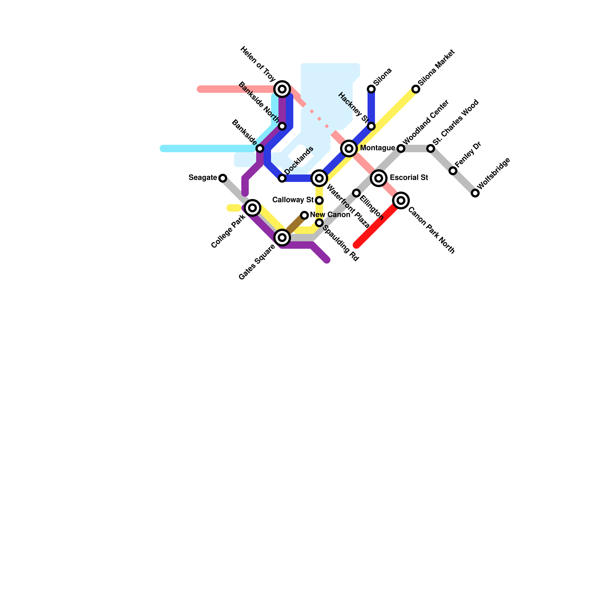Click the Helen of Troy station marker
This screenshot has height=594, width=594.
click(282, 89)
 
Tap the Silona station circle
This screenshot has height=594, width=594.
click(371, 89)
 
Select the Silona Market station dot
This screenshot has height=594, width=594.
click(416, 89)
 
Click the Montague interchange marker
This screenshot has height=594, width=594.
click(349, 148)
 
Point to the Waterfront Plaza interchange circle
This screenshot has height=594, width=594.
click(319, 178)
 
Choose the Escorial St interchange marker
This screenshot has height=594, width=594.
click(379, 178)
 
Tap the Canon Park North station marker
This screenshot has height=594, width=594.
click(401, 200)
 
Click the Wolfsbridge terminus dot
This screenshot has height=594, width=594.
click(475, 193)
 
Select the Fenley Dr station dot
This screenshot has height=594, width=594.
click(453, 171)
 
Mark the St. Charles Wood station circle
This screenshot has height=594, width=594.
click(431, 148)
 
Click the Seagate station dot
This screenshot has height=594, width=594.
click(223, 178)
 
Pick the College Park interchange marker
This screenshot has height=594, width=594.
click(252, 208)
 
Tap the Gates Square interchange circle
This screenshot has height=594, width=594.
click(282, 238)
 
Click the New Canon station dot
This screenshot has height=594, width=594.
click(304, 215)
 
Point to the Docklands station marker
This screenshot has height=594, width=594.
click(282, 178)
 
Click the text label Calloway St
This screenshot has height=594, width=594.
click(293, 200)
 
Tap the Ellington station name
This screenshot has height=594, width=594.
click(371, 207)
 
